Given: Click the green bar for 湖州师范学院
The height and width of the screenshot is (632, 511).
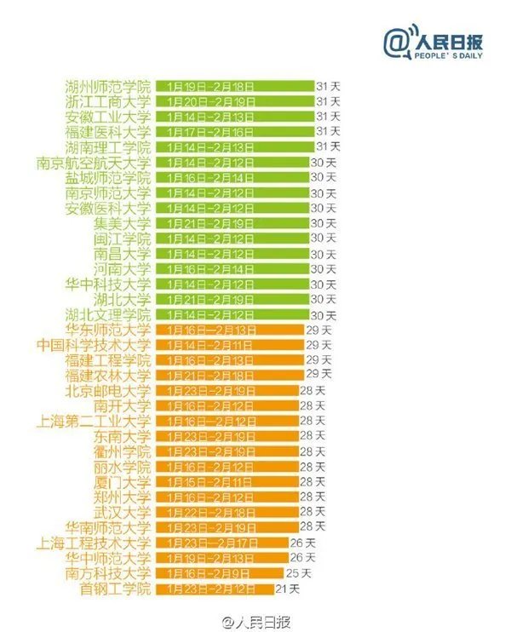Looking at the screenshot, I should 234,86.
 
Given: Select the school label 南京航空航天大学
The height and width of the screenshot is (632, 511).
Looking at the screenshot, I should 94,162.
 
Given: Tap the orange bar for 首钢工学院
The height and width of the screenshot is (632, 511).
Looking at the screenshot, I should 215,589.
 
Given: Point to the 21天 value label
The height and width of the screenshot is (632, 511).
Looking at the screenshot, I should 288,589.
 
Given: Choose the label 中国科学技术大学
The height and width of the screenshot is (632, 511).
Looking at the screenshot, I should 94,345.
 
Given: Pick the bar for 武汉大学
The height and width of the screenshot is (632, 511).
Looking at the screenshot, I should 226,512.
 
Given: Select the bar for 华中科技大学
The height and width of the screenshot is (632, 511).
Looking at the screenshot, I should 233,284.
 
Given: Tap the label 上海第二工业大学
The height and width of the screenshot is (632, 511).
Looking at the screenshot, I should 94,421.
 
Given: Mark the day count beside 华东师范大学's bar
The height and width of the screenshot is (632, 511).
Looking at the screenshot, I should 319,330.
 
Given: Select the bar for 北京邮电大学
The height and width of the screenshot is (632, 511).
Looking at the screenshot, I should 226,391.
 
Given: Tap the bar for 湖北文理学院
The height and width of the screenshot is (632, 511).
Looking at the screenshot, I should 233,314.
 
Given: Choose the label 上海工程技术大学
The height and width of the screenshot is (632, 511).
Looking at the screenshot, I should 94,543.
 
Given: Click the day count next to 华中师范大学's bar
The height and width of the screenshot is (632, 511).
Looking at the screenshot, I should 302,558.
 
